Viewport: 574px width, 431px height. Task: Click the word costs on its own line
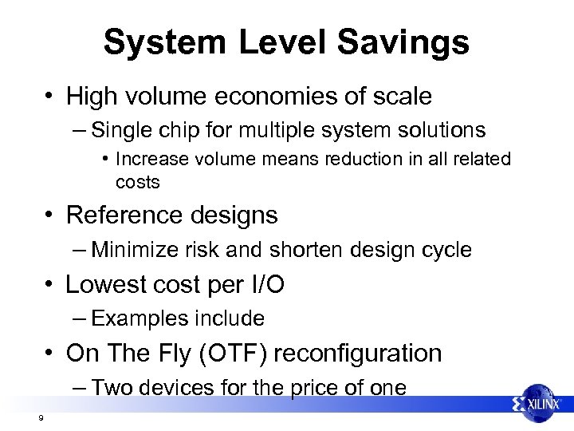[x=137, y=182]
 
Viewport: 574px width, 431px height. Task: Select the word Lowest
[x=105, y=284]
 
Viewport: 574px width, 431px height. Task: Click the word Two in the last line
[x=109, y=388]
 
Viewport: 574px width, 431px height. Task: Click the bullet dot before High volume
[x=49, y=97]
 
